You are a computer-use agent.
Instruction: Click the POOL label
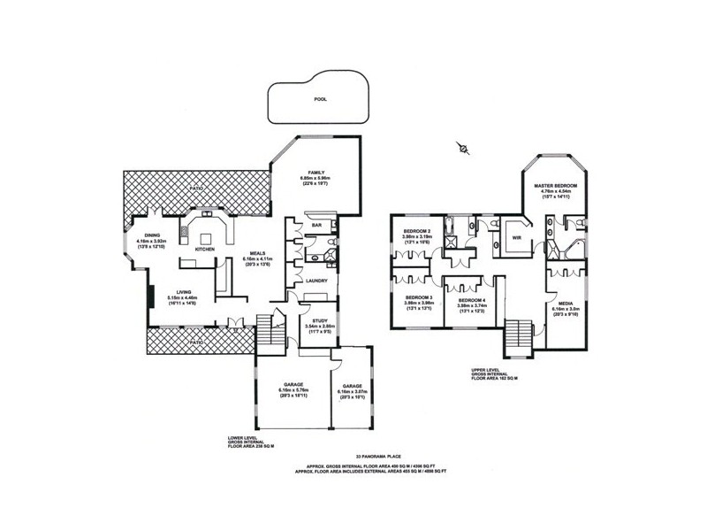pos(320,100)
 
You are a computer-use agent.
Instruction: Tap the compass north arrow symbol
pos(461,148)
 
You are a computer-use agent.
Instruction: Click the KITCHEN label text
pos(205,250)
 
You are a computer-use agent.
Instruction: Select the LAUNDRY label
pos(317,281)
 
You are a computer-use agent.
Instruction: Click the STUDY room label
pos(317,320)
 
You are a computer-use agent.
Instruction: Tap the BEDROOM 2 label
pos(416,231)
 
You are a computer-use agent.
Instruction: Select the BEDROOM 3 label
pos(418,297)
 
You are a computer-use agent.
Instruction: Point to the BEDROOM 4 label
pos(471,302)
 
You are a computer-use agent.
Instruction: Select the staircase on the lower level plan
pos(268,331)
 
